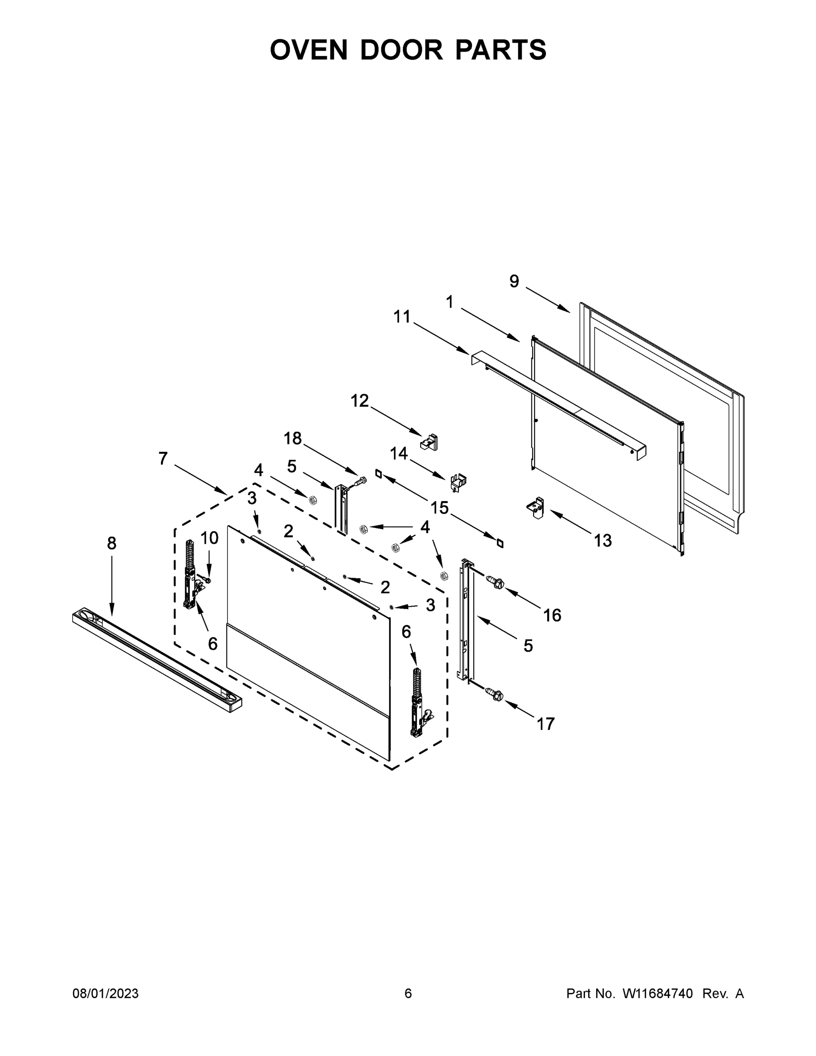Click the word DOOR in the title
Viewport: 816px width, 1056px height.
tap(401, 49)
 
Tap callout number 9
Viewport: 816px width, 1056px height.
tap(514, 281)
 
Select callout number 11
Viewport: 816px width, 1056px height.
tap(402, 317)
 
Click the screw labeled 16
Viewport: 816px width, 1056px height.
tap(495, 581)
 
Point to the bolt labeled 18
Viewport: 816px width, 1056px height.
tap(359, 480)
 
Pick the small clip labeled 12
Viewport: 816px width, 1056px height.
tap(430, 442)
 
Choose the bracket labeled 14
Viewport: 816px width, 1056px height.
tap(458, 482)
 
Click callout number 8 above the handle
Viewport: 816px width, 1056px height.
tap(112, 543)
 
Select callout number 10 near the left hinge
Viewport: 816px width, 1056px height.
tap(209, 538)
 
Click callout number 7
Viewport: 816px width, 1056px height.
tap(163, 458)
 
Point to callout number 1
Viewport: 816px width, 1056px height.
tap(450, 302)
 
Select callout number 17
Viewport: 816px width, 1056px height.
tap(545, 724)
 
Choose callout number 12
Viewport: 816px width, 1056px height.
tap(359, 400)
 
